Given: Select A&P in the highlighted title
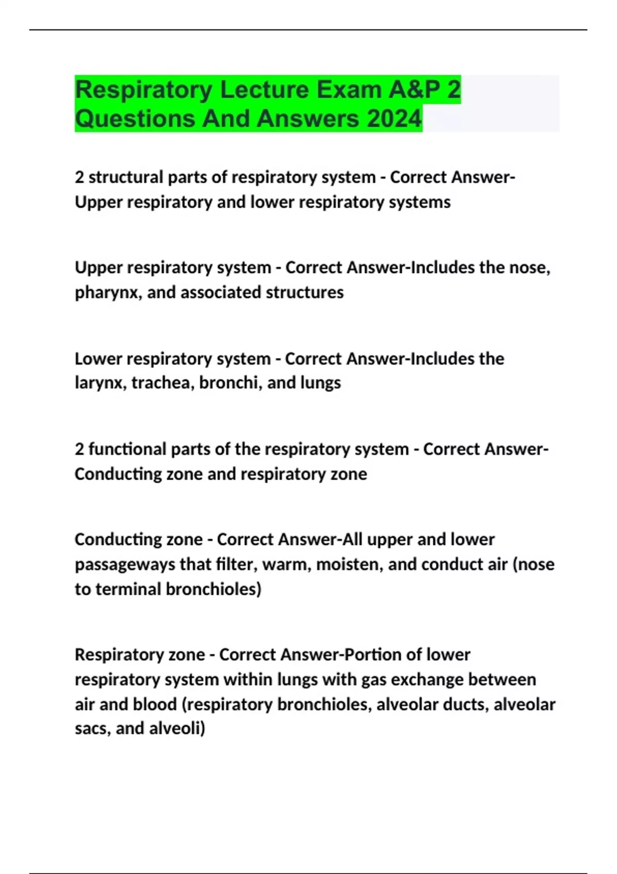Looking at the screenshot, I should click(x=414, y=89).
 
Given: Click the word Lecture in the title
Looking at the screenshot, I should click(x=264, y=89).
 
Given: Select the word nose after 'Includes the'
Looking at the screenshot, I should click(x=528, y=267).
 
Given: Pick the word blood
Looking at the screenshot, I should click(x=155, y=704).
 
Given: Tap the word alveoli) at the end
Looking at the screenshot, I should click(x=177, y=729).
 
